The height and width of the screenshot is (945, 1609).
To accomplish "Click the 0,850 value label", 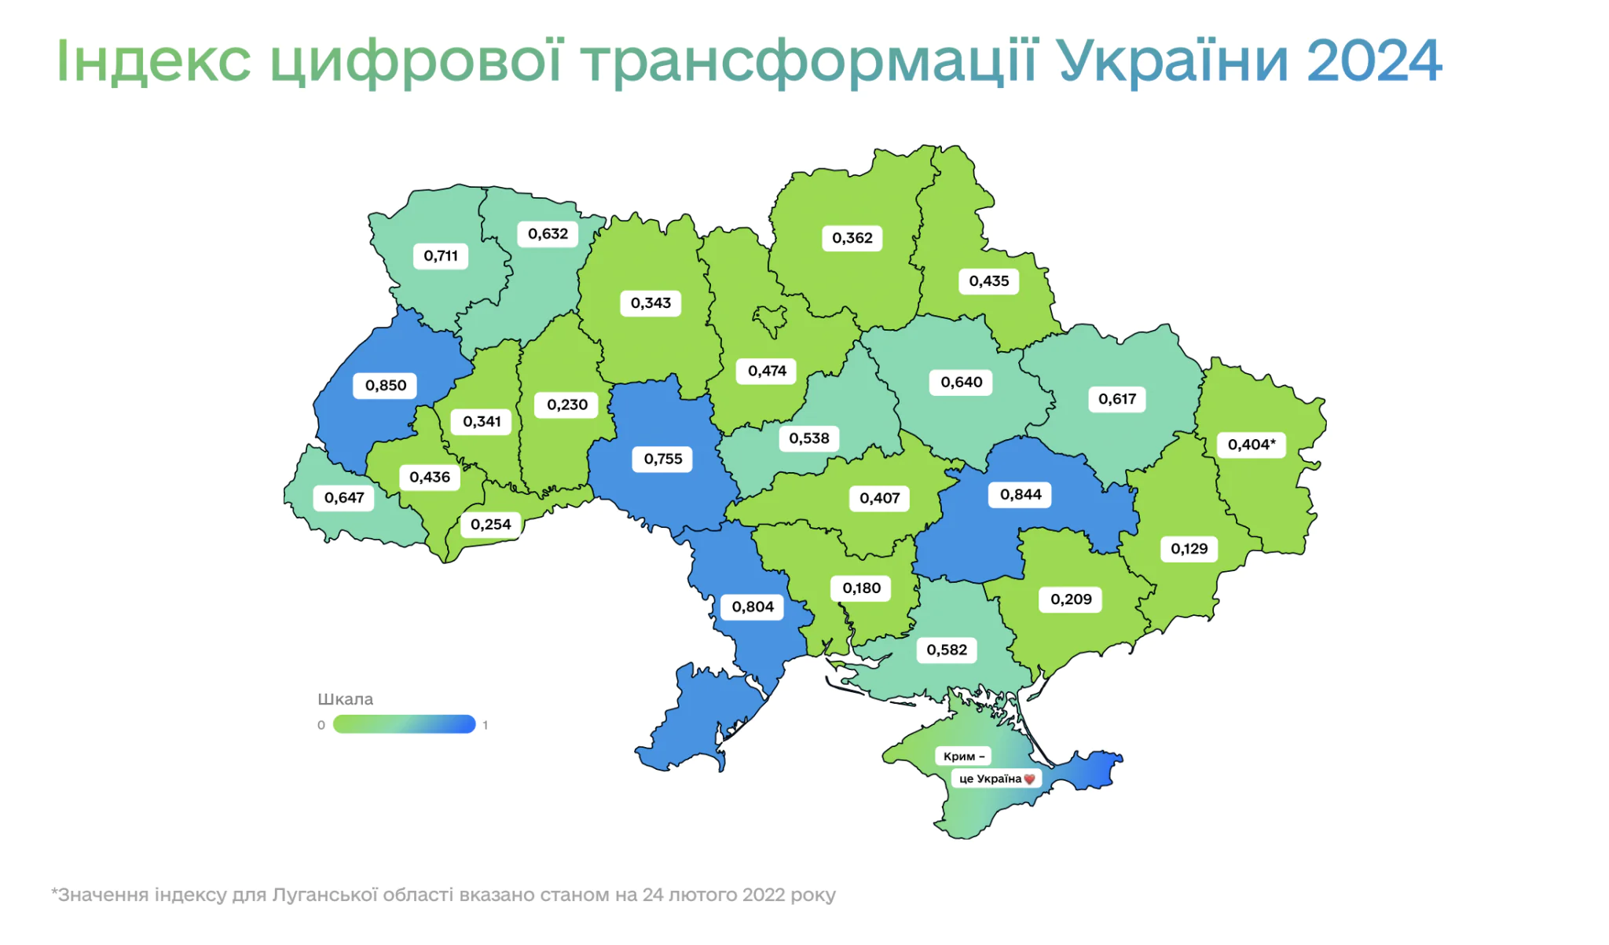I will point(385,386).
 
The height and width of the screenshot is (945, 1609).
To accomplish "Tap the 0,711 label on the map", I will point(440,256).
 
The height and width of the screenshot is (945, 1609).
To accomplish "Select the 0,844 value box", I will point(1020,495).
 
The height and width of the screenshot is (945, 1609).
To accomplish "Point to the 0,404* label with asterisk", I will point(1251,445).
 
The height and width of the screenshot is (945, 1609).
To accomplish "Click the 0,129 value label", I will point(1189,549).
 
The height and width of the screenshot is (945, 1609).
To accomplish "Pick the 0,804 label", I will point(752,607).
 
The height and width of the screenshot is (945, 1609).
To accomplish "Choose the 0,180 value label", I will point(861,588).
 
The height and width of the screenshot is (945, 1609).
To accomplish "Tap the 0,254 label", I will point(490,525).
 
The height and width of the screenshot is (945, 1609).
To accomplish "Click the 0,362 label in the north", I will point(852,238).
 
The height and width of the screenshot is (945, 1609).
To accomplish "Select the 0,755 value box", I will point(662,459).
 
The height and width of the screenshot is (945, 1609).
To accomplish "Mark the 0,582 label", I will point(946,650).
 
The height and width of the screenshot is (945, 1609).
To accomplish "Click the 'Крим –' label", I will point(963,756).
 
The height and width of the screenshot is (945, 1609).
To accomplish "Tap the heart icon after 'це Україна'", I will point(1029,779).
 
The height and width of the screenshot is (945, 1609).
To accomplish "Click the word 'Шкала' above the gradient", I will point(345,699).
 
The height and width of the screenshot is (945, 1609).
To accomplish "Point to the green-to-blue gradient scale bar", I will point(404,724).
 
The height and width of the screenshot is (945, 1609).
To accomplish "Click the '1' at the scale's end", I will point(486,725).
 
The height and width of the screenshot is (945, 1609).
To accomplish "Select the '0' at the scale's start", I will point(321,725).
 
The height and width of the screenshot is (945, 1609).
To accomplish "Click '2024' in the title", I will point(1373,61).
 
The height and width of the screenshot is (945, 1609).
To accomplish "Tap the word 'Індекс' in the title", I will point(153,61).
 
